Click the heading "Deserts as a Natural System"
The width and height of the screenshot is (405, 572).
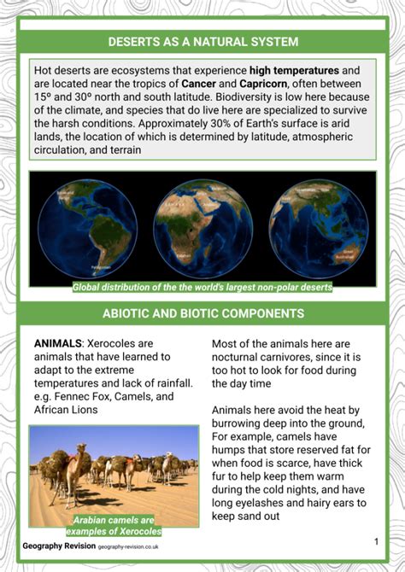coord(202,41)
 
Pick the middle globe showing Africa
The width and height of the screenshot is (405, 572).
coord(202,227)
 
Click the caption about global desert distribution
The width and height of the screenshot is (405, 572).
coord(202,288)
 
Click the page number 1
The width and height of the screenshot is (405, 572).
coord(376,541)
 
